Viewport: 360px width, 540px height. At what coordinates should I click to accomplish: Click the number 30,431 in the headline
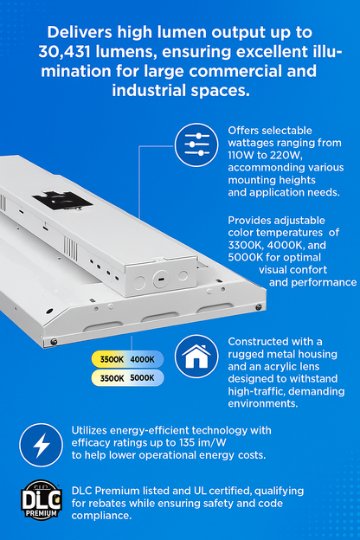tap(67, 51)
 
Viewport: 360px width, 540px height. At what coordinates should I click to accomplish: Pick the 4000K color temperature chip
tap(142, 359)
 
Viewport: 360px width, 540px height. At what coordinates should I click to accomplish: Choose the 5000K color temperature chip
tap(142, 377)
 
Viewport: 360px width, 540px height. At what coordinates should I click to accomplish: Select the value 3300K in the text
tap(244, 246)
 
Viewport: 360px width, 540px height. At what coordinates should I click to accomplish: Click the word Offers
tap(245, 130)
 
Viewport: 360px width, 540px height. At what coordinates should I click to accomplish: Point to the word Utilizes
tap(90, 430)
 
